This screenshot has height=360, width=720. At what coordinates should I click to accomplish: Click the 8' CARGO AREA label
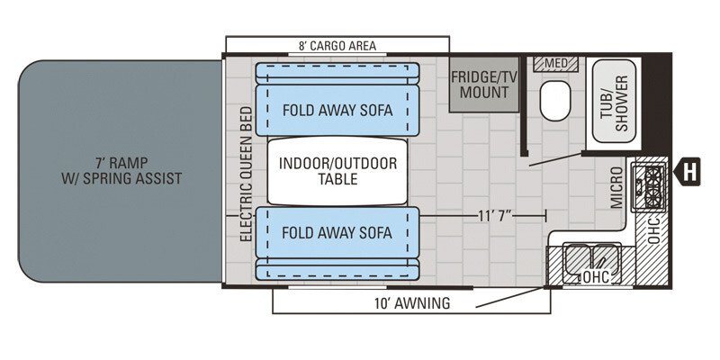pyautogui.click(x=337, y=46)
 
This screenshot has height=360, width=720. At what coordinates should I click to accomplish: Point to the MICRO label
pyautogui.click(x=618, y=186)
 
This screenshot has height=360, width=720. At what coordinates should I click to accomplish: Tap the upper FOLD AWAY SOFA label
pyautogui.click(x=337, y=110)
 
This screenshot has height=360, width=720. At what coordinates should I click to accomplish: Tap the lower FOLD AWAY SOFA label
pyautogui.click(x=337, y=233)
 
